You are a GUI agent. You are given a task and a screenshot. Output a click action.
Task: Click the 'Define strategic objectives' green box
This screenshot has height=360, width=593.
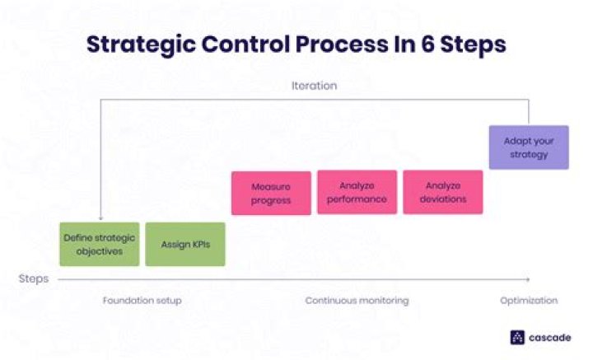[99, 244]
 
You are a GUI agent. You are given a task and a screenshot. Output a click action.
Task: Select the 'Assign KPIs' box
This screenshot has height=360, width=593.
[184, 244]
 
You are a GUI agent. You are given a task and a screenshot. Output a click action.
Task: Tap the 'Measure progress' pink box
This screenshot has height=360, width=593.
[271, 193]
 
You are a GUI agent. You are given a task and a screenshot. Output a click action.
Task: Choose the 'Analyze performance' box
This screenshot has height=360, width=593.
[357, 192]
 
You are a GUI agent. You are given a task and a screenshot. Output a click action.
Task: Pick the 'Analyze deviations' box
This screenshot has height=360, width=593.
[442, 192]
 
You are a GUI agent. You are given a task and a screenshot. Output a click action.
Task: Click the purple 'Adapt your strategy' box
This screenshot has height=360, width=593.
[528, 147]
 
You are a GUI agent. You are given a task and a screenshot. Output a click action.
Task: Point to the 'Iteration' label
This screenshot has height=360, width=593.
[314, 85]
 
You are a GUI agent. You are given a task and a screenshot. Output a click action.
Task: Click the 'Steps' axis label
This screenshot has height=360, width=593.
[34, 278]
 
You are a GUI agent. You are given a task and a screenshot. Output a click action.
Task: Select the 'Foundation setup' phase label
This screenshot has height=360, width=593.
[142, 301]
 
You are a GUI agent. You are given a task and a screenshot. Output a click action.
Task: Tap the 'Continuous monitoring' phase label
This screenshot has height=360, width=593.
[357, 301]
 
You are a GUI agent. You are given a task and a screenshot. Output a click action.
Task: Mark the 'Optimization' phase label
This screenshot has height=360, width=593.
[528, 301]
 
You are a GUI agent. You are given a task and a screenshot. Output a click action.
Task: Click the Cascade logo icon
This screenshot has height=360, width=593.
[517, 336]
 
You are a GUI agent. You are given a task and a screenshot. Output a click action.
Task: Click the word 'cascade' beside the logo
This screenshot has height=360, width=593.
[549, 336]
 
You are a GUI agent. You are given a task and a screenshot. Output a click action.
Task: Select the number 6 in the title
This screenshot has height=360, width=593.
[435, 44]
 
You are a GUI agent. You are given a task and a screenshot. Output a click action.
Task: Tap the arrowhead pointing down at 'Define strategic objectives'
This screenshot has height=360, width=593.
[100, 217]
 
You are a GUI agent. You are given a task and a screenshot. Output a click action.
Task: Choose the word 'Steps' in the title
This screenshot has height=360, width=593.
[477, 44]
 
